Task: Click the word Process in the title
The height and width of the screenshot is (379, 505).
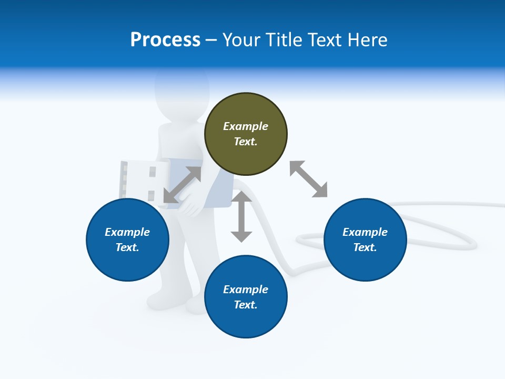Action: click(165, 40)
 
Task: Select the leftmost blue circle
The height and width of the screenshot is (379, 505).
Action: click(127, 240)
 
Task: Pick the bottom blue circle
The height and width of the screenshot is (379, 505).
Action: click(246, 297)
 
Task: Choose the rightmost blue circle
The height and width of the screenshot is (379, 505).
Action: click(365, 240)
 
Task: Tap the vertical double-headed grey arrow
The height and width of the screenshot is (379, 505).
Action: click(241, 216)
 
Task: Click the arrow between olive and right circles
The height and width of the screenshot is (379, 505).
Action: click(309, 179)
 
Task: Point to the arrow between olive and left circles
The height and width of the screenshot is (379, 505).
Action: click(183, 185)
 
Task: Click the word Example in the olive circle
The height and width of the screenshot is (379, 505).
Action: click(246, 126)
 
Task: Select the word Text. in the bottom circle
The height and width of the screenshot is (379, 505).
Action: click(246, 305)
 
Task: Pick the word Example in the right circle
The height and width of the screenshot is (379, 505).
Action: click(365, 232)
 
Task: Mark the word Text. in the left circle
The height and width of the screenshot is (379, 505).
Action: click(127, 247)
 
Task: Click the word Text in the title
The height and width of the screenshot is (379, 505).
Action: click(322, 40)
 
